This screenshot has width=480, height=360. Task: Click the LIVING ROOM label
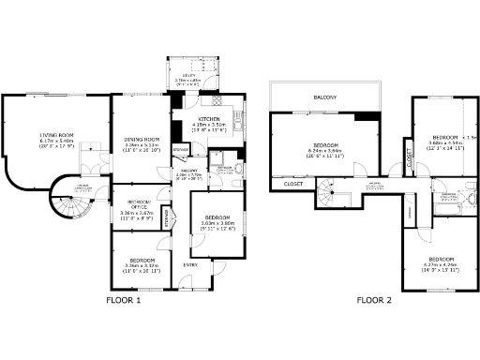pyautogui.click(x=56, y=135)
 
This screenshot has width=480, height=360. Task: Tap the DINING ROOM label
pyautogui.click(x=141, y=140)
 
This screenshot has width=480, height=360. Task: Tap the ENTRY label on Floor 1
pyautogui.click(x=190, y=264)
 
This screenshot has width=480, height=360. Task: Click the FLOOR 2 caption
pyautogui.click(x=373, y=301)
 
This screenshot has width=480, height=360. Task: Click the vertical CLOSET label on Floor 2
pyautogui.click(x=410, y=160)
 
